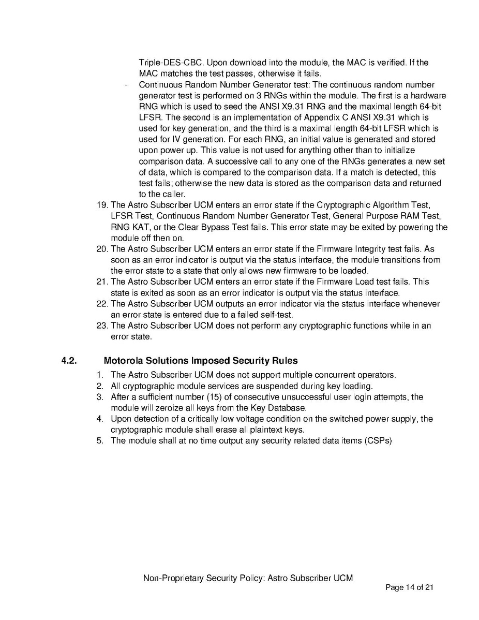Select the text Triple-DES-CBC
[x=167, y=63]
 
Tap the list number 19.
[x=102, y=204]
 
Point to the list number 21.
[x=102, y=282]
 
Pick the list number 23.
[x=102, y=326]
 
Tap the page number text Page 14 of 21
[x=409, y=587]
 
